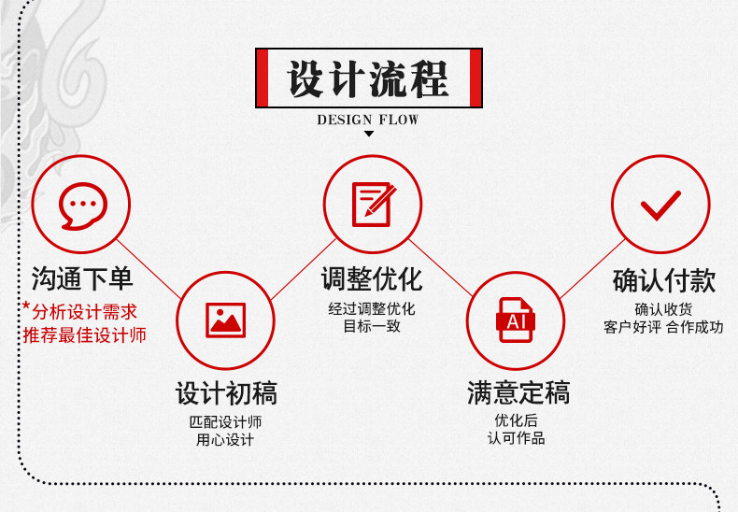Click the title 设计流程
tap(368, 78)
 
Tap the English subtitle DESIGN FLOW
tap(368, 120)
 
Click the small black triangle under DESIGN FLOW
tap(368, 135)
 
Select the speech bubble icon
tap(82, 205)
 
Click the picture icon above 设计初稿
tap(225, 320)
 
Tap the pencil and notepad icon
tap(372, 204)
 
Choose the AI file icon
tap(515, 320)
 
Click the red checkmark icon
tap(660, 204)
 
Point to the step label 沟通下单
tap(82, 278)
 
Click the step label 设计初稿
tap(226, 393)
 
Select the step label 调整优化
tap(372, 278)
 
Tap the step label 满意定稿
tap(518, 393)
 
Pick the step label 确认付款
tap(663, 279)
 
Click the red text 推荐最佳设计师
tap(84, 334)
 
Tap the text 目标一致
tap(372, 327)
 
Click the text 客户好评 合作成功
tap(663, 327)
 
